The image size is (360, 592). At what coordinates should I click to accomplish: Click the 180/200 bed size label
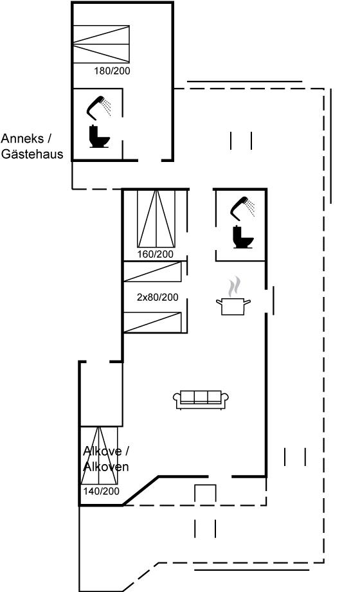click(x=112, y=71)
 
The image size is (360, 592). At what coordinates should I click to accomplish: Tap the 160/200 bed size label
click(x=156, y=254)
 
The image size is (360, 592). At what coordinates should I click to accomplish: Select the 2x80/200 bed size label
click(x=157, y=297)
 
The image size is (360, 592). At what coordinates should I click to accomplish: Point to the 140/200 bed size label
click(x=101, y=491)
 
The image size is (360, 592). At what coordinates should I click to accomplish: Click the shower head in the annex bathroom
click(x=99, y=108)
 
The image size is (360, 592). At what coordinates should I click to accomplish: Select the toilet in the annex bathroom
click(x=99, y=136)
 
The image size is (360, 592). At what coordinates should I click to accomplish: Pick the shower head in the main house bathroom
click(x=242, y=208)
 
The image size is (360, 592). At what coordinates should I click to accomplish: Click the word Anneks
click(x=22, y=139)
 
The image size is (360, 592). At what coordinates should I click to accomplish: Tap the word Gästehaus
click(x=32, y=154)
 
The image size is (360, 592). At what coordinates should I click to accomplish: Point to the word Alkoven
click(x=106, y=467)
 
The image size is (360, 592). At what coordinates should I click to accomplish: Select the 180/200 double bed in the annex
click(x=101, y=44)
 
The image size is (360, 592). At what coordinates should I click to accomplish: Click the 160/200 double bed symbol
click(x=156, y=219)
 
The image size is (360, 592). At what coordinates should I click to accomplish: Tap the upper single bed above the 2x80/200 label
click(x=152, y=271)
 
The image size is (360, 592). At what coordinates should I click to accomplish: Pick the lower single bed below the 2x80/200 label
click(x=152, y=323)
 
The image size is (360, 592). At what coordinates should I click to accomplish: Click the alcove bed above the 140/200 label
click(x=99, y=455)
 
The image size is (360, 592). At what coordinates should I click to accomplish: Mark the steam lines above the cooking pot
click(x=234, y=287)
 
